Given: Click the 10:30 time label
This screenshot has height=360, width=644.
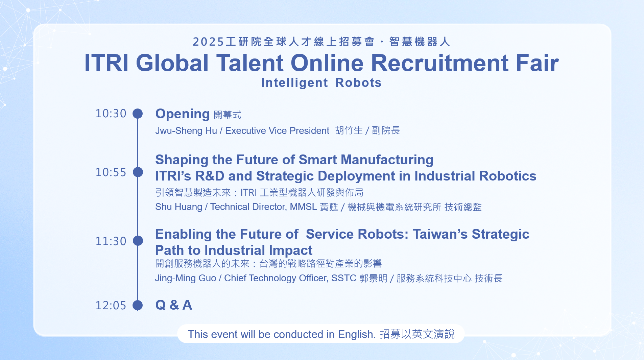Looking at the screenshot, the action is [x=111, y=114].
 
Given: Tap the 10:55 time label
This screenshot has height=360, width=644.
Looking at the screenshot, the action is [x=111, y=172].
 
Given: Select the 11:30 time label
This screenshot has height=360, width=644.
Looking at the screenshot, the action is [x=111, y=241].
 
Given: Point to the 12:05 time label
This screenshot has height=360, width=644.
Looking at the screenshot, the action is [x=111, y=305].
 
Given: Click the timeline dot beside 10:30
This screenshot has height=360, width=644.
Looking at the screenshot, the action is [x=138, y=114].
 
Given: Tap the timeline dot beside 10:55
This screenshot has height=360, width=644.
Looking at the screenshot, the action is [x=138, y=172].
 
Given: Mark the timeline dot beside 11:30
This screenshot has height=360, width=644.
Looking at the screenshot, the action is [x=138, y=241].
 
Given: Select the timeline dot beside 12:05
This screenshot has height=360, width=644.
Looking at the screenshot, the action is [x=138, y=305].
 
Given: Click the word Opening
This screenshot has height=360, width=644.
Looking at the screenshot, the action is [x=183, y=114].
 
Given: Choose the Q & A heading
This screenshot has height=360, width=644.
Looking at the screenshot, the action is [x=174, y=305].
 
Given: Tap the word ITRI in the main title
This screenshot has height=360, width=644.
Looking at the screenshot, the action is [x=106, y=63].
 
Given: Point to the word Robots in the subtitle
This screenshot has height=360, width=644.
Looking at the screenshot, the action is [x=358, y=83].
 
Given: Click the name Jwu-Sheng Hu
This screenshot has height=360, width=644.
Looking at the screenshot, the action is [x=186, y=131].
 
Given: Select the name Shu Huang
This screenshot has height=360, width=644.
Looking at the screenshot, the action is [x=178, y=207].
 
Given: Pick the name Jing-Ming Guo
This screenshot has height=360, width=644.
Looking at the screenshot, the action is [x=186, y=278].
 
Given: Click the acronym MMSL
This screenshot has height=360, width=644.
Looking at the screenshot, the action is [x=303, y=207].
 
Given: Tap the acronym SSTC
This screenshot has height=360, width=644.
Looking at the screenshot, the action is [x=344, y=278].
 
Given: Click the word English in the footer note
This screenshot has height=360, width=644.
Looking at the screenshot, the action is [x=357, y=334].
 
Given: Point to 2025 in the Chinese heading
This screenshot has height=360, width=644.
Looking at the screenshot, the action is [x=209, y=42].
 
